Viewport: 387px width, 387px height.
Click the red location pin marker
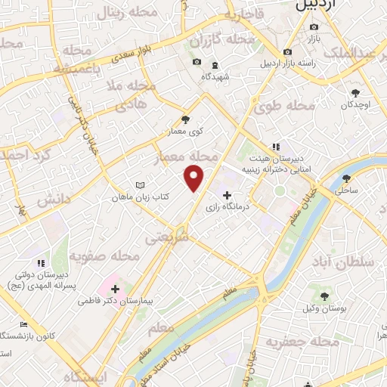click(195, 178)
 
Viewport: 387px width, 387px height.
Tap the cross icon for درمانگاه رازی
click(227, 196)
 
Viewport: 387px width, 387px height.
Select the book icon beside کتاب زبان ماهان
click(139, 185)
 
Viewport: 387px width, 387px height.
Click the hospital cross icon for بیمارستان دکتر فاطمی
click(115, 289)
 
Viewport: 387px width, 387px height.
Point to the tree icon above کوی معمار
click(186, 119)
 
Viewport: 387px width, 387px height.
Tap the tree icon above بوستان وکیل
click(325, 296)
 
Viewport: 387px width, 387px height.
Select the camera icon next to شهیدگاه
click(197, 62)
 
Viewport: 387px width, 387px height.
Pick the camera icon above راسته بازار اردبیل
click(287, 52)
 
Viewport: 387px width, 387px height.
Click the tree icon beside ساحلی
click(347, 178)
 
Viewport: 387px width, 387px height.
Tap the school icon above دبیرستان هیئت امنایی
click(276, 146)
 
